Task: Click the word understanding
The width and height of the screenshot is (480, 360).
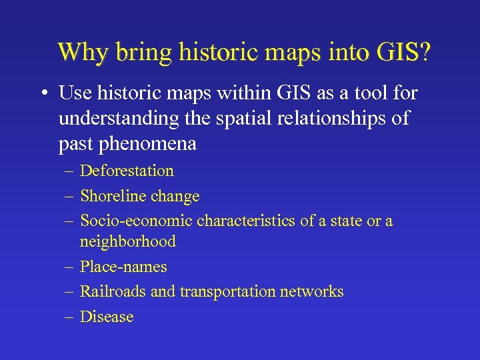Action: pos(117,119)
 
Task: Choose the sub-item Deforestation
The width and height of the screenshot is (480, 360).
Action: pos(127,171)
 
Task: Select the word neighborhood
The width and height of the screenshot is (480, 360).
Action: pos(127,241)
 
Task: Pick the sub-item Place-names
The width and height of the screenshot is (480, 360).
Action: pos(123,267)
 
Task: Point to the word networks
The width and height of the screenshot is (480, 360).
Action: pos(313,291)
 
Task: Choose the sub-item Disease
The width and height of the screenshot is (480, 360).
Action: pos(107,317)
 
